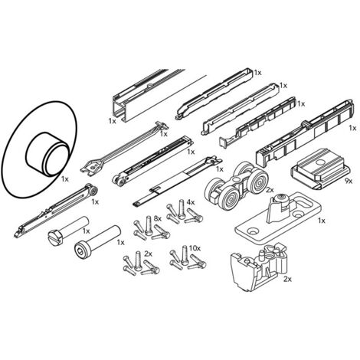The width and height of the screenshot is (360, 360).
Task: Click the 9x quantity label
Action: click(x=349, y=181)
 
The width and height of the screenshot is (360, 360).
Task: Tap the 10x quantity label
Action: click(x=195, y=248)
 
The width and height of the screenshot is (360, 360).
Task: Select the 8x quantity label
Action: click(x=158, y=218)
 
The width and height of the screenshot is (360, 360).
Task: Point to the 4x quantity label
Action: click(x=191, y=202)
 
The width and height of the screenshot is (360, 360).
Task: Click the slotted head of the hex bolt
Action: click(x=55, y=237)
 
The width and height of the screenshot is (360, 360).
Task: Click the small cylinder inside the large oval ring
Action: click(x=47, y=154)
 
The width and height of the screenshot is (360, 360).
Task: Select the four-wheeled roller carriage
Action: click(x=236, y=185)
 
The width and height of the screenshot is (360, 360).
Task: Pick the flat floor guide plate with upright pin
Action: click(x=277, y=218)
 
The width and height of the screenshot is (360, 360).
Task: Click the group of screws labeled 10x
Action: click(x=188, y=258)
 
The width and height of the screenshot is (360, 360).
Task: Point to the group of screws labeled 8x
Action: click(x=151, y=228)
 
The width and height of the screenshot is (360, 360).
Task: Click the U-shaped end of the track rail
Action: click(x=119, y=109)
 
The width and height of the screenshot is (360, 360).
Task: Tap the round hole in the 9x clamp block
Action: click(x=319, y=162)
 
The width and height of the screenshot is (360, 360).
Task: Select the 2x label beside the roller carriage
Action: click(x=270, y=190)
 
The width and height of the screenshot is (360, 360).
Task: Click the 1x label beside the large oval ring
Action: click(x=65, y=179)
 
